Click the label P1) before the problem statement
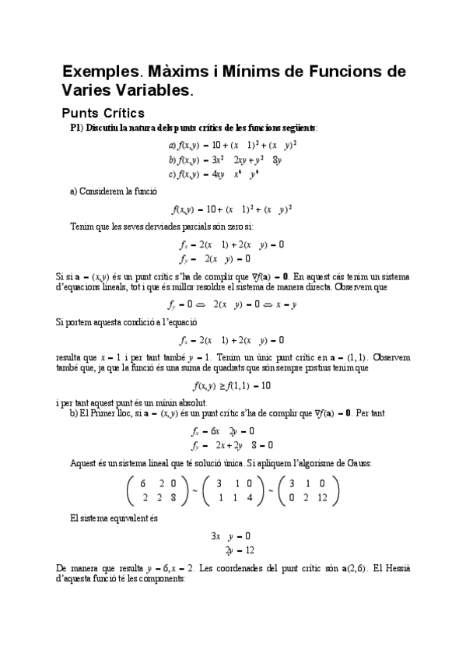[x=77, y=128]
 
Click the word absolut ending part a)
[x=190, y=402]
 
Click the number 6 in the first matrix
[x=143, y=482]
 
